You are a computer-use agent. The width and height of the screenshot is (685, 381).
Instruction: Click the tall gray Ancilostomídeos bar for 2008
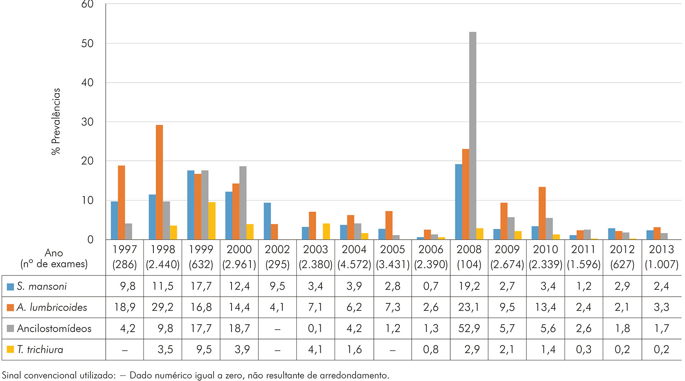(472, 136)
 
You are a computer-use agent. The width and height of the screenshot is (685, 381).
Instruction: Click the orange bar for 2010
(542, 213)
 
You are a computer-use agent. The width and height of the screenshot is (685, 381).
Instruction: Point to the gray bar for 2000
(243, 203)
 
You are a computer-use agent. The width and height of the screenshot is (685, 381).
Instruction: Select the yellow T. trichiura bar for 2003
(326, 231)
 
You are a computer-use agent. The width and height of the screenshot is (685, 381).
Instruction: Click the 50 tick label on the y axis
(87, 44)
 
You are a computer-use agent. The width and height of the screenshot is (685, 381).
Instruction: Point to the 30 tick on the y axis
(87, 122)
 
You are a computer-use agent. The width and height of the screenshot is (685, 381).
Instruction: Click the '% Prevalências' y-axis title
(56, 121)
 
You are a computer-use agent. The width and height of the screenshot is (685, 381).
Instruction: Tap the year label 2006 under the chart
(431, 249)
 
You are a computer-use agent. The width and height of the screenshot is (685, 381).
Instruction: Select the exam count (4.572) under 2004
(354, 264)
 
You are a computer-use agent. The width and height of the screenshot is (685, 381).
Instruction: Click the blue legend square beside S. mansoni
(10, 286)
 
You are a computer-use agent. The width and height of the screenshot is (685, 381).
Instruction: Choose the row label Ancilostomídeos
(54, 328)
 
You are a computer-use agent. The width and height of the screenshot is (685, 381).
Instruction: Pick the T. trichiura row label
(40, 350)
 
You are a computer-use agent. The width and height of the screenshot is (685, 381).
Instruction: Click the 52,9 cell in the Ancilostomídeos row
(469, 328)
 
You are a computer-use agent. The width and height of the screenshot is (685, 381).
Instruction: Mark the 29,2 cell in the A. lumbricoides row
(162, 307)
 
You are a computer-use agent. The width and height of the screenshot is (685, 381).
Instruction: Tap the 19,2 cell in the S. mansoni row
(469, 286)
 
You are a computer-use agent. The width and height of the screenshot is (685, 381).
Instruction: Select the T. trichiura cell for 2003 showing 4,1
(315, 350)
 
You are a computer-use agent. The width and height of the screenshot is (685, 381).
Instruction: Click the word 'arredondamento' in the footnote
(354, 375)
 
